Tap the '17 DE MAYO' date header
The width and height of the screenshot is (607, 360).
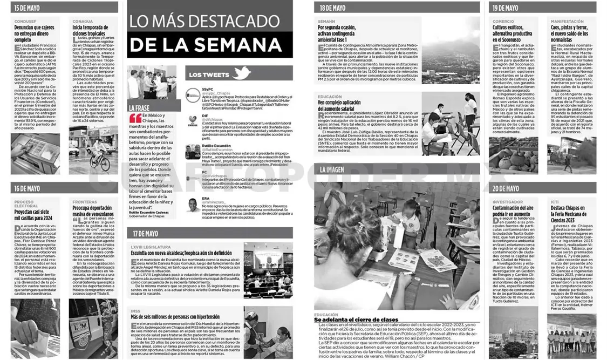(x=144, y=233)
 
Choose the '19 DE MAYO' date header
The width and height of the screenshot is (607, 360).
(x=505, y=8)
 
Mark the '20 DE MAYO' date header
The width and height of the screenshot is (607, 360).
(x=505, y=188)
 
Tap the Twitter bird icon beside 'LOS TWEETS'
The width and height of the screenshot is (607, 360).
(x=241, y=73)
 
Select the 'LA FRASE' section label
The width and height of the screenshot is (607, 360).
(x=139, y=108)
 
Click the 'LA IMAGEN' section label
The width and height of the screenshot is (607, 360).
(x=332, y=169)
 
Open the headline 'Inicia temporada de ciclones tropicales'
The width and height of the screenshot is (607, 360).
(x=92, y=30)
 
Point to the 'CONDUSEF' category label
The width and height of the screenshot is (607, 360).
(x=25, y=21)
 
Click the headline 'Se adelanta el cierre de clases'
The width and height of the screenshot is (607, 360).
(x=356, y=320)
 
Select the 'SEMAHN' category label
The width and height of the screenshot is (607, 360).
(x=326, y=21)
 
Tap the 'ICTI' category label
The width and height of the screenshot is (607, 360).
(x=554, y=202)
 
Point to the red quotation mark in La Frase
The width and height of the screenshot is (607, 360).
(x=135, y=118)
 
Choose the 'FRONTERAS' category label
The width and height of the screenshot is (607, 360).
(x=84, y=202)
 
